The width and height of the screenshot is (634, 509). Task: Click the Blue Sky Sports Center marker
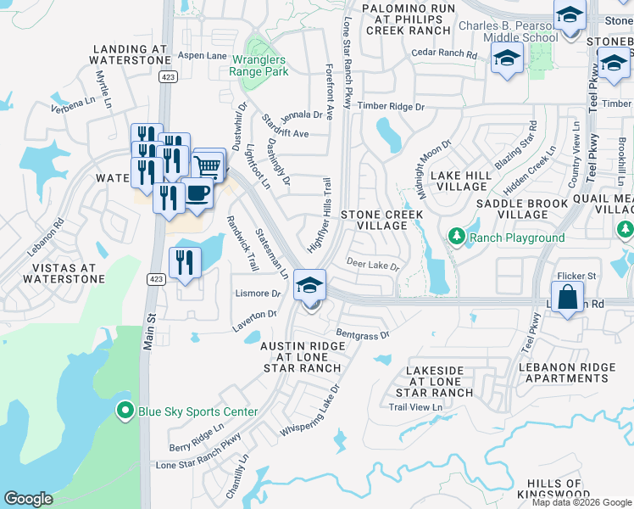point(125,412)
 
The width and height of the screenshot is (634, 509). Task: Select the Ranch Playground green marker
point(457,238)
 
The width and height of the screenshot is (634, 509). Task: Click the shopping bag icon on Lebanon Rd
point(568,298)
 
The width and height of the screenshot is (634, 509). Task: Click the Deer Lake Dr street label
point(372,266)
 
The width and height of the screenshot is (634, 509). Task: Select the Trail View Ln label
point(415,408)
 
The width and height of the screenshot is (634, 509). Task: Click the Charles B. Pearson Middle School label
point(509,31)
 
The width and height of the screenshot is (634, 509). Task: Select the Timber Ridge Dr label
point(390,106)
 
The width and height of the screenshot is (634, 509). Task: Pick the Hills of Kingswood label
point(553,489)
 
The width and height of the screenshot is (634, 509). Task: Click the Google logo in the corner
point(29,499)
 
